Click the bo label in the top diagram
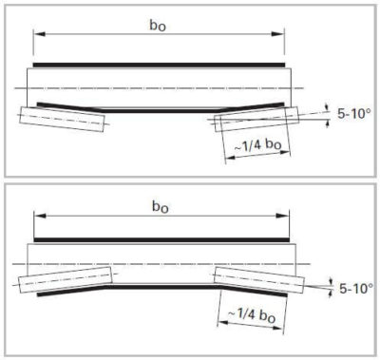click(158, 22)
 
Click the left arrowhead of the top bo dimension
click(36, 35)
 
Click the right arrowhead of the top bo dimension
click(282, 35)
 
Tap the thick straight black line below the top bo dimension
click(159, 65)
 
